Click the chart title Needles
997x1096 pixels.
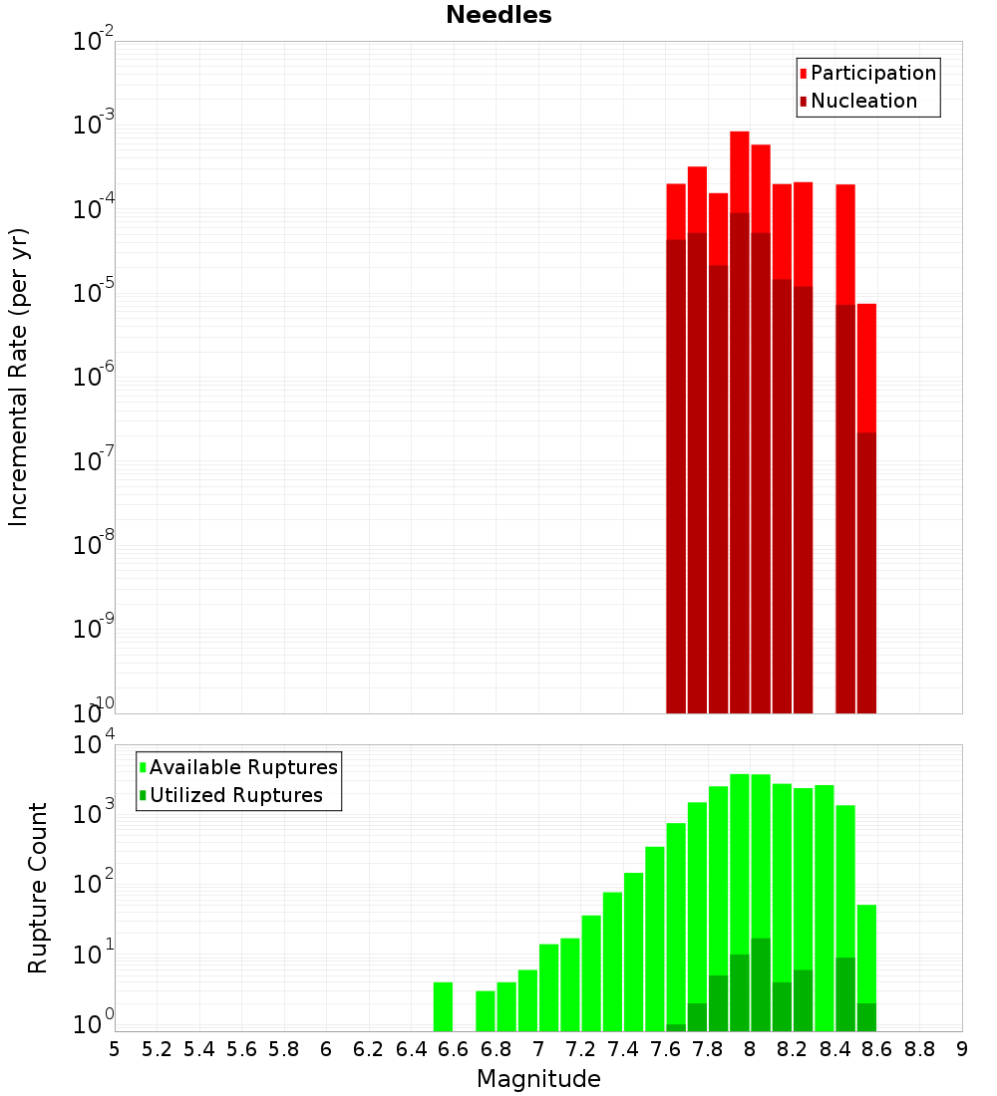[x=498, y=15]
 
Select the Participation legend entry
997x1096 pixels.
[x=872, y=73]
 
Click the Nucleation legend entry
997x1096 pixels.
[x=862, y=101]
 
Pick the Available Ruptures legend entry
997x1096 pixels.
[x=242, y=767]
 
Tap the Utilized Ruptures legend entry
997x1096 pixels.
[x=235, y=795]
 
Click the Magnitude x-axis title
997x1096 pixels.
[x=538, y=1079]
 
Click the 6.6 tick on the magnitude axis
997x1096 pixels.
[x=454, y=1049]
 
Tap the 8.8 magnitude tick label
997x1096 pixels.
[x=919, y=1049]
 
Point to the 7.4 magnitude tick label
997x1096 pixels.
[x=623, y=1049]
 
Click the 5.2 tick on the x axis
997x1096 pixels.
[x=158, y=1049]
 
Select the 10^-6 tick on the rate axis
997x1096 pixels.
[x=92, y=377]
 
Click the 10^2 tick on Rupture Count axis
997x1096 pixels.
[x=92, y=885]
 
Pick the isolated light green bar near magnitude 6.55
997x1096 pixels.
[x=444, y=1006]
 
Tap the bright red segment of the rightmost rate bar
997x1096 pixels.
[x=866, y=369]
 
